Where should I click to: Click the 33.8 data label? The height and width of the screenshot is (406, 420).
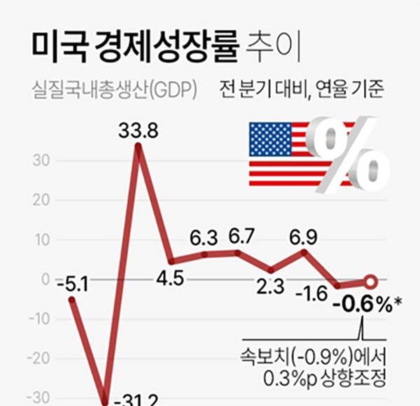139,130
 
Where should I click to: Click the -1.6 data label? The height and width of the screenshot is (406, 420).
310,293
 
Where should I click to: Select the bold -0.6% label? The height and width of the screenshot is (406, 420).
363,306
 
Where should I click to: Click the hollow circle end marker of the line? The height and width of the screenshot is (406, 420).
371,282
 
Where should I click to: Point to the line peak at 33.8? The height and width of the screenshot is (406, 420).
138,146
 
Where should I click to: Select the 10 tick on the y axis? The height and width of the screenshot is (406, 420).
43,239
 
